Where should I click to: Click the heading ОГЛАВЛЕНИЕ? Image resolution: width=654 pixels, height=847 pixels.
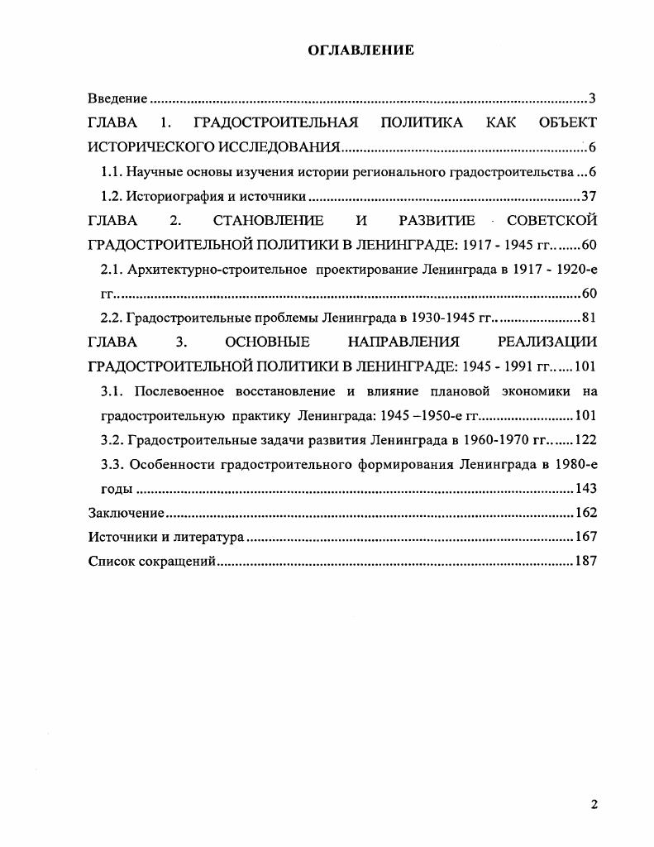pyautogui.click(x=360, y=50)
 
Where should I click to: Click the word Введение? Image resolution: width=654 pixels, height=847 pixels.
pyautogui.click(x=117, y=98)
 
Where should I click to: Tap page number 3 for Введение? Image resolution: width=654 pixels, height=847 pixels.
pyautogui.click(x=593, y=98)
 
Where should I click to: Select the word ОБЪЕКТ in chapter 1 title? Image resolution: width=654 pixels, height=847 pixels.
pyautogui.click(x=567, y=122)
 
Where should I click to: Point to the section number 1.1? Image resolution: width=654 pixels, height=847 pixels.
pyautogui.click(x=111, y=172)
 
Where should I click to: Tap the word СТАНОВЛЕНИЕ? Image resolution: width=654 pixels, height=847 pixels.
pyautogui.click(x=268, y=221)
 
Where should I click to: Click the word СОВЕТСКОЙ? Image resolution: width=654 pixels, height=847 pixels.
pyautogui.click(x=551, y=221)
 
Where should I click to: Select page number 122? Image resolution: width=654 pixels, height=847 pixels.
pyautogui.click(x=585, y=440)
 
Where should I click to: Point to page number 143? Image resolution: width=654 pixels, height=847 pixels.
pyautogui.click(x=585, y=489)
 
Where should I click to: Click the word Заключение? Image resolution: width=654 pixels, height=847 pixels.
pyautogui.click(x=126, y=513)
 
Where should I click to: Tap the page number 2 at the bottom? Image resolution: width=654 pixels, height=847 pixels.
pyautogui.click(x=594, y=804)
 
